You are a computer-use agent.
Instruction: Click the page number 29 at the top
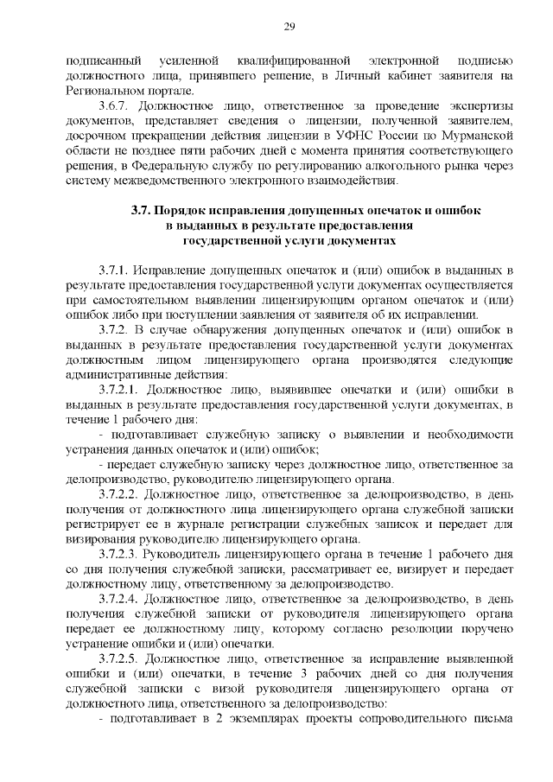pyautogui.click(x=289, y=25)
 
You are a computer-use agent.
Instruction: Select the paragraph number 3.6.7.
pyautogui.click(x=116, y=105)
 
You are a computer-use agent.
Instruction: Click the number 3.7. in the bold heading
pyautogui.click(x=142, y=211)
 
